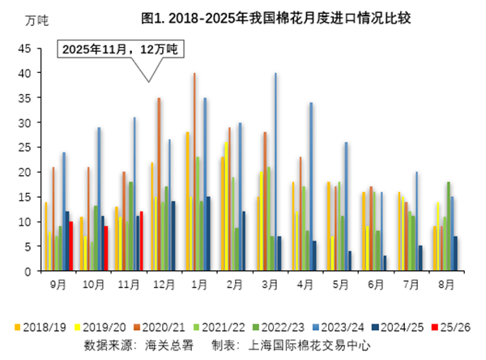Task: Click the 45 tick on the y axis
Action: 25,49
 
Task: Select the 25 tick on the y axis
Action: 25,148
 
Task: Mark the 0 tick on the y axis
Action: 28,271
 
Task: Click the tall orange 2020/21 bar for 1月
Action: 194,172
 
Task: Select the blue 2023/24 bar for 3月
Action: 275,172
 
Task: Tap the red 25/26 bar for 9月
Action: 70,246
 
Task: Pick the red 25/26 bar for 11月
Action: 141,241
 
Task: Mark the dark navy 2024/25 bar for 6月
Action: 385,264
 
